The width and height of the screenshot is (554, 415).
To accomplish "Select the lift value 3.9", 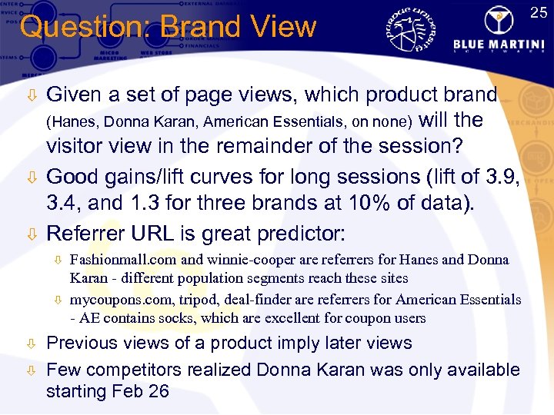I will point(503,177).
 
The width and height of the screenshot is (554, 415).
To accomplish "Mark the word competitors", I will point(146,370).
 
